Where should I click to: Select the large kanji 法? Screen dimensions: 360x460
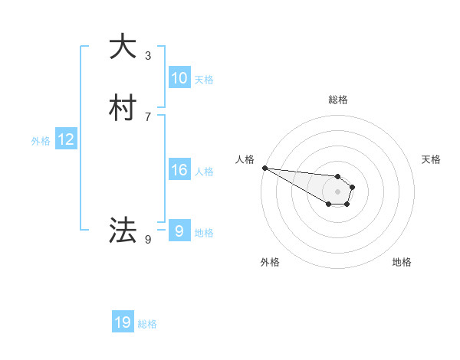click(123, 230)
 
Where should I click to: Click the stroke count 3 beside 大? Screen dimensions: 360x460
click(148, 56)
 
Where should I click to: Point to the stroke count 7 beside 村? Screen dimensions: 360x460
click(148, 116)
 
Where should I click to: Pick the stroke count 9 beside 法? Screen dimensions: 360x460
click(148, 240)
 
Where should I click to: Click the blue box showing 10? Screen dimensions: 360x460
click(179, 78)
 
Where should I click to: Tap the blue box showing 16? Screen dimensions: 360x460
click(179, 170)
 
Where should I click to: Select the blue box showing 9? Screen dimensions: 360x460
click(179, 231)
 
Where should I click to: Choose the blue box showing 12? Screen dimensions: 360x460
click(66, 139)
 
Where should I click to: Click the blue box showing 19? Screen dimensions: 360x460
click(123, 323)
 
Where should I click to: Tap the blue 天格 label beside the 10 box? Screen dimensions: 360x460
click(204, 80)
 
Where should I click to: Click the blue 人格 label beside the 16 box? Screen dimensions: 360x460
click(204, 172)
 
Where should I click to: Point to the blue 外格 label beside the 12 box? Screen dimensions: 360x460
click(41, 141)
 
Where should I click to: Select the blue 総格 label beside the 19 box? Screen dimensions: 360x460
click(147, 325)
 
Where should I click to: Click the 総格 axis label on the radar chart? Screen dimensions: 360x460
click(338, 100)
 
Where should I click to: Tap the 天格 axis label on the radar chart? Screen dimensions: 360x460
click(431, 159)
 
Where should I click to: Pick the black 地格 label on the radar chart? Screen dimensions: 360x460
click(402, 262)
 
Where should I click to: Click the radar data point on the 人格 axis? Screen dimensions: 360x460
click(264, 168)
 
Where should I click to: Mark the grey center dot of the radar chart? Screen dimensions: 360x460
click(338, 191)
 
